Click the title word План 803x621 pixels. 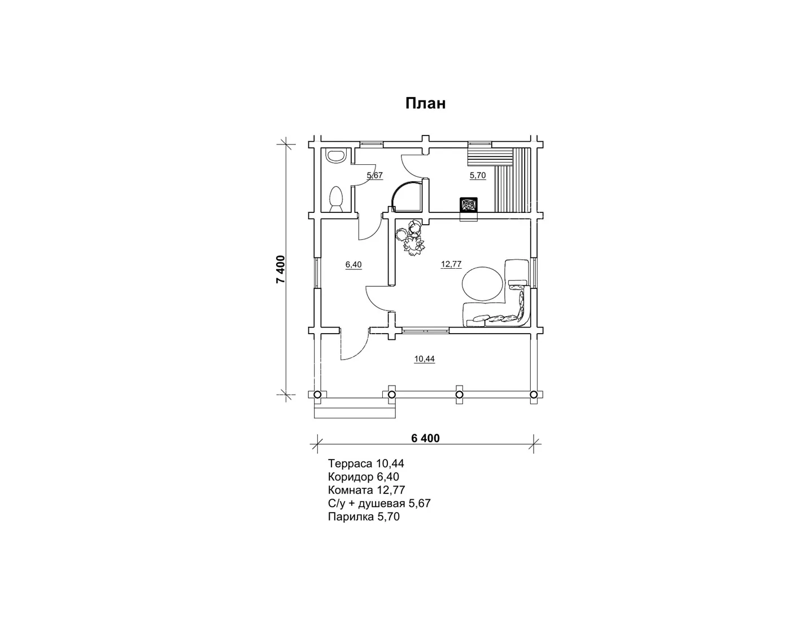pyautogui.click(x=425, y=103)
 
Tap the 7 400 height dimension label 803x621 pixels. pyautogui.click(x=281, y=269)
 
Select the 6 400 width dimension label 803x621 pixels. pyautogui.click(x=425, y=438)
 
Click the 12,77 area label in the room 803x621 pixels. pyautogui.click(x=451, y=264)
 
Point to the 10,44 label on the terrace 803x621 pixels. pyautogui.click(x=425, y=358)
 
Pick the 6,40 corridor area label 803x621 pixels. pyautogui.click(x=354, y=265)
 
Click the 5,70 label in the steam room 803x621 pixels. pyautogui.click(x=478, y=176)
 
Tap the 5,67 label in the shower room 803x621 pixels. pyautogui.click(x=375, y=176)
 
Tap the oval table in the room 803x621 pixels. pyautogui.click(x=482, y=284)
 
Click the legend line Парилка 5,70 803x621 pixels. pyautogui.click(x=364, y=517)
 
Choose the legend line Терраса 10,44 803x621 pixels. pyautogui.click(x=366, y=463)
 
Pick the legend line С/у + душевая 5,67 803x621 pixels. pyautogui.click(x=379, y=503)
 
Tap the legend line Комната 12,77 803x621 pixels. pyautogui.click(x=366, y=490)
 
